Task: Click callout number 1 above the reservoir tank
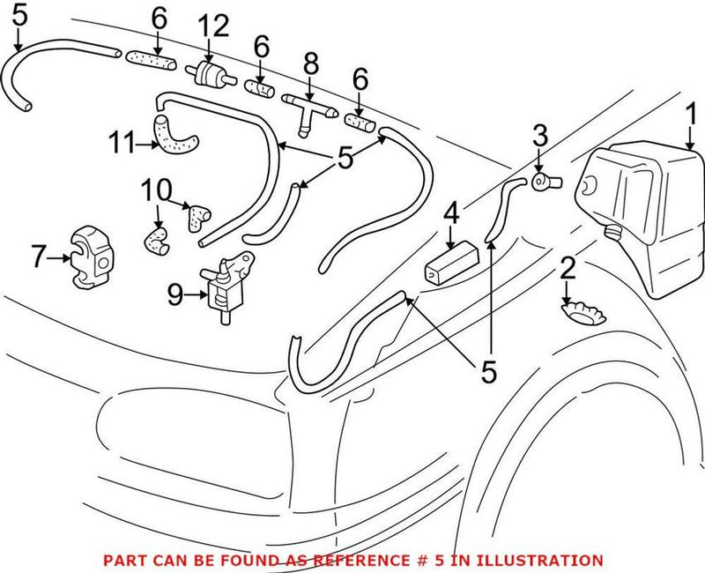691,115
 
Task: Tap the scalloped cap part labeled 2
583,309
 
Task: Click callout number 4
451,212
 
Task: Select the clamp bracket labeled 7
91,258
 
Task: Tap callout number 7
38,258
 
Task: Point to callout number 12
211,26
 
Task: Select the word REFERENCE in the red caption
360,560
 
